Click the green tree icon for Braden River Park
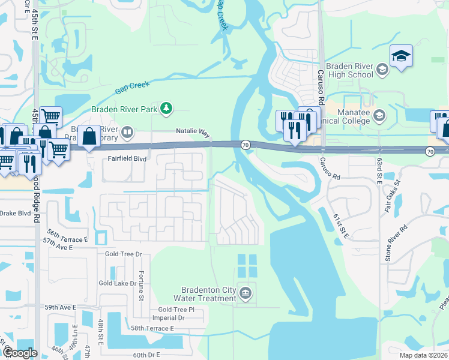click(166, 109)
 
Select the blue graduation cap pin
click(401, 56)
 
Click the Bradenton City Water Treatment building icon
click(245, 293)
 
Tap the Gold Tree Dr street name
click(124, 254)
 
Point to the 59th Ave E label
click(60, 307)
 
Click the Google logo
click(19, 353)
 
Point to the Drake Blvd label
click(15, 213)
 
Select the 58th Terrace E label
click(152, 329)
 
